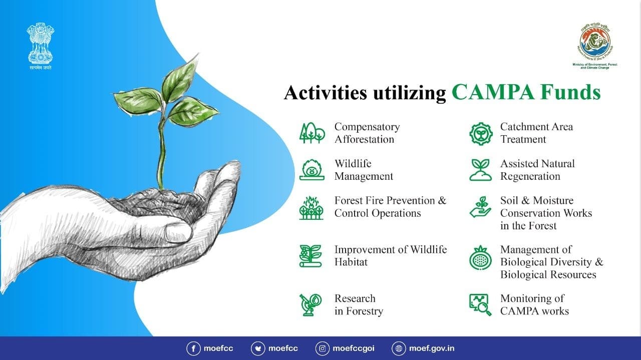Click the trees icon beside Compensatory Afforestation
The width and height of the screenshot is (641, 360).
311,133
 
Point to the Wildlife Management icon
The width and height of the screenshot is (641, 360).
311,170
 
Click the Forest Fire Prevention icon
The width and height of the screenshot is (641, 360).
311,207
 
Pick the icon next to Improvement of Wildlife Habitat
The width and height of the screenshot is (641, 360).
311,256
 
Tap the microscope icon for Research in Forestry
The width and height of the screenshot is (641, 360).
311,304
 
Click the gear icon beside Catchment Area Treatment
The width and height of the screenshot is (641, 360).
480,133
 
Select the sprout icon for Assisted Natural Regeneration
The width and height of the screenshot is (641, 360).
480,170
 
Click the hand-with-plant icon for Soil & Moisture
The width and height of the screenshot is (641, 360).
480,207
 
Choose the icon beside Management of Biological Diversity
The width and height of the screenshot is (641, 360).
480,259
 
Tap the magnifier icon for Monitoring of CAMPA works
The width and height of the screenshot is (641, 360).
480,304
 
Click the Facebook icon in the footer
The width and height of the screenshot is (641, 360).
193,348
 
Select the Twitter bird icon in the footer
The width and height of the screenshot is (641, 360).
258,348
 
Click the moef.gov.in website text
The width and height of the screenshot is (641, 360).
432,348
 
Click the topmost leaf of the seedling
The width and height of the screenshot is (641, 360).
179,80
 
